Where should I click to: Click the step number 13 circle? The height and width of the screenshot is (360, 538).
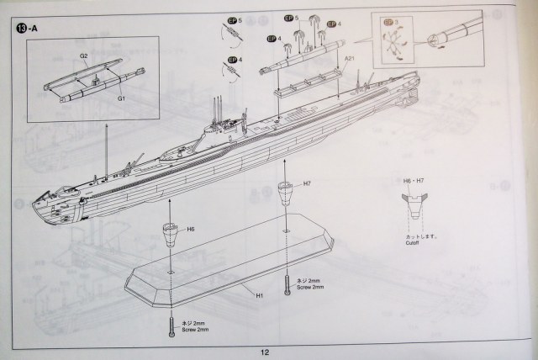[20, 27]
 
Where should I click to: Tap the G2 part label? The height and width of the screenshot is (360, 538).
[84, 56]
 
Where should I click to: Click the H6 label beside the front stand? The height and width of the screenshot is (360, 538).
[191, 230]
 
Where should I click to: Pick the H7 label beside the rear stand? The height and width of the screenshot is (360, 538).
[307, 183]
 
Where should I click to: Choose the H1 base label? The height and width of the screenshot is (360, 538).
[260, 296]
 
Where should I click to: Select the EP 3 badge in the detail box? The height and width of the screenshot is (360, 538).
[390, 23]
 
